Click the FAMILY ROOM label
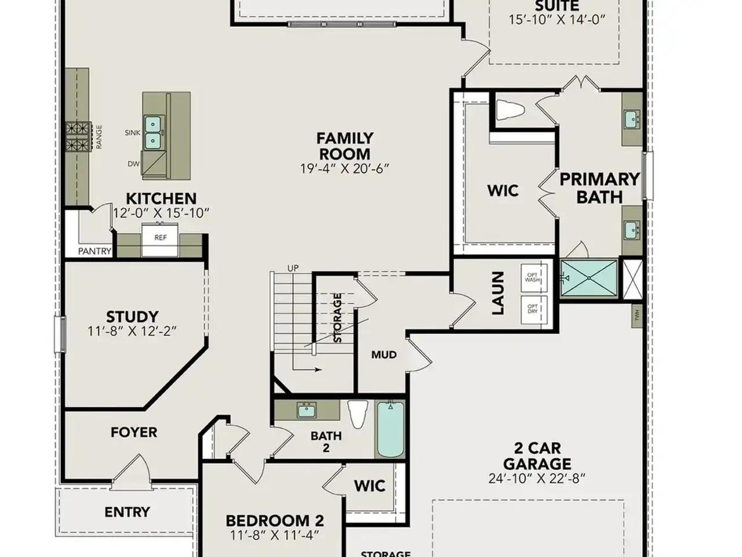coord(344,146)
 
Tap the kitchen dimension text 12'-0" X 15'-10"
coord(161,213)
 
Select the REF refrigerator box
coord(161,238)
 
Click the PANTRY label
coord(94,251)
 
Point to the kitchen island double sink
coord(153,132)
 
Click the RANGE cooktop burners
coord(78,136)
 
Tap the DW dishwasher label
coord(133,164)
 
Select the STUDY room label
coord(132,317)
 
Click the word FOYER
coord(134,432)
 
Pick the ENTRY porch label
coord(127,512)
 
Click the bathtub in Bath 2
coord(390,429)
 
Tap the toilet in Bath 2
coord(358,413)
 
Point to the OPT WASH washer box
coord(532,277)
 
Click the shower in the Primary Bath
coord(588,278)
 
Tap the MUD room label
coord(384,355)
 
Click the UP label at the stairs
coord(293,268)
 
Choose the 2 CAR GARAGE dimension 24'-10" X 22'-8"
coord(537,479)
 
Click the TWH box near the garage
coord(637,314)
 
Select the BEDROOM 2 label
coord(274,520)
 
